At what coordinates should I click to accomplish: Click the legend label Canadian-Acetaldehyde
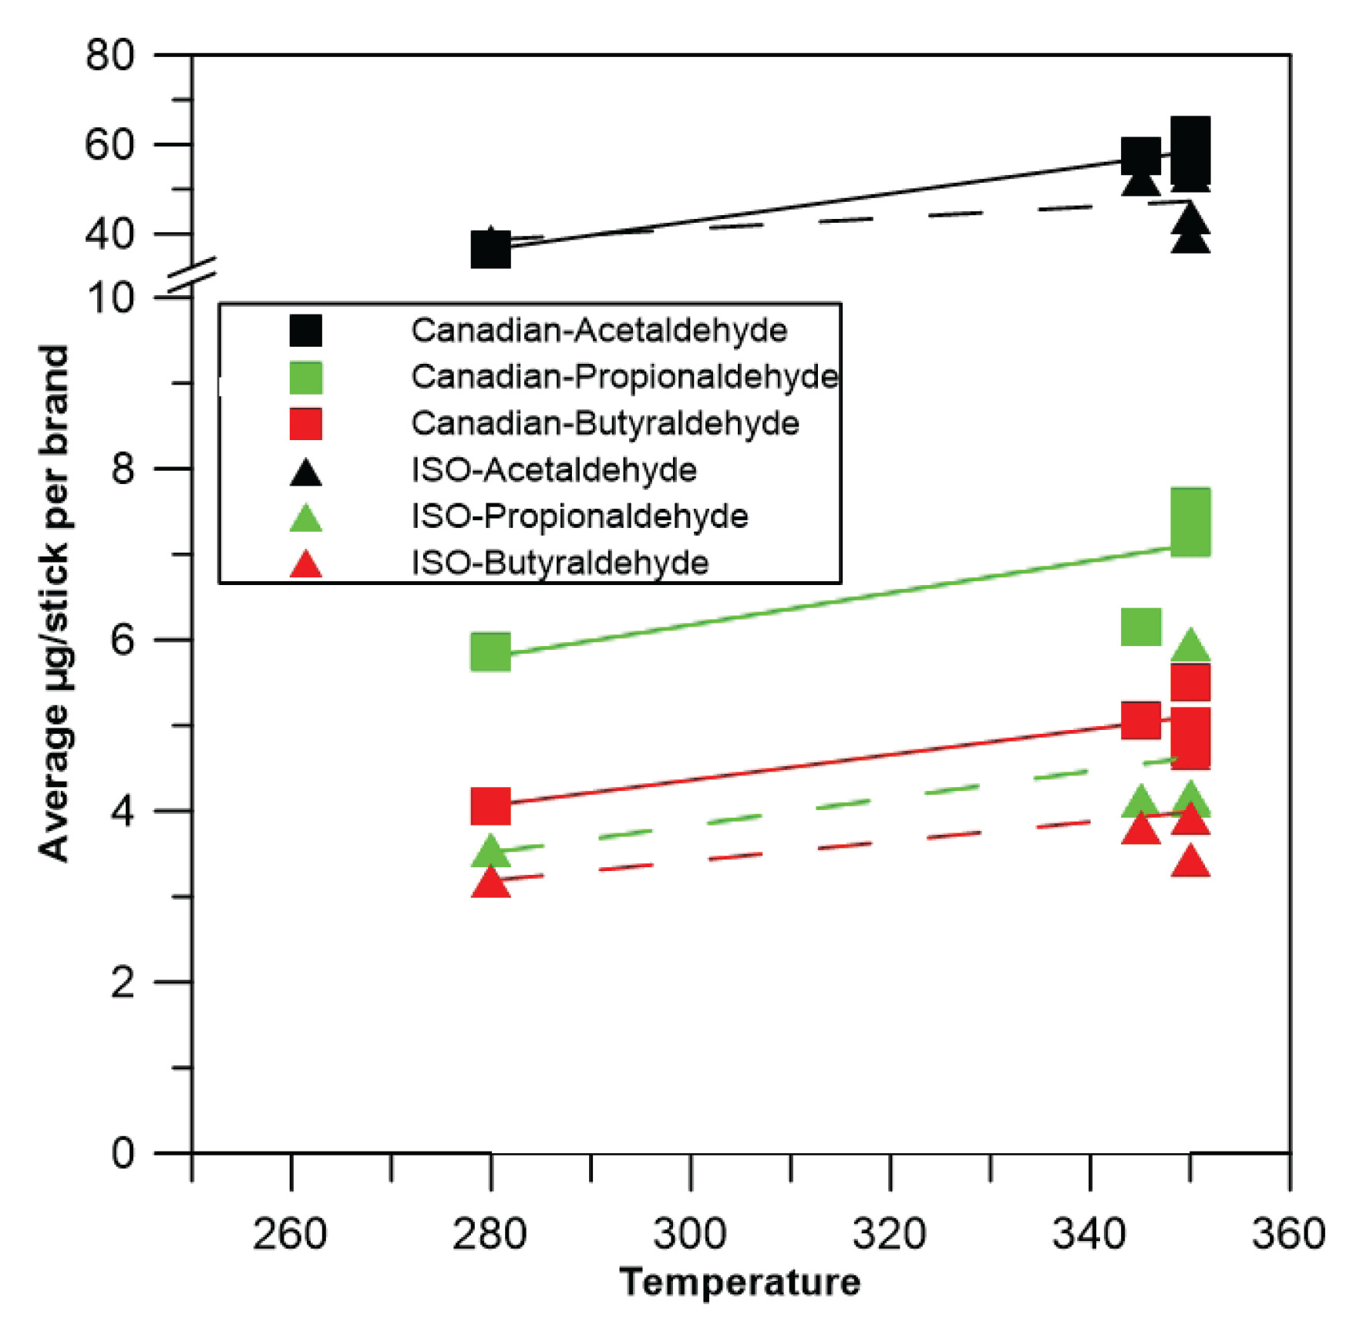598,331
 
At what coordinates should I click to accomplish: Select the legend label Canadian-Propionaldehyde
624,377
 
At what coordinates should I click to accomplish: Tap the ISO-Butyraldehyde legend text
560,563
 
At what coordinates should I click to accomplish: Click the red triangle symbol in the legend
305,565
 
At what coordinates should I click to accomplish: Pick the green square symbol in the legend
305,378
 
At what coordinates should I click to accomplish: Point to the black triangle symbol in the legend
305,472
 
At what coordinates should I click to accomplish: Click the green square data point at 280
490,652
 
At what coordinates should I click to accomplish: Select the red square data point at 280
490,806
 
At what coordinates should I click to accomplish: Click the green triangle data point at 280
490,851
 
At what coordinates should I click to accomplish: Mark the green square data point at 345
1140,626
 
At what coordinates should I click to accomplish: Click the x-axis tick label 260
290,1233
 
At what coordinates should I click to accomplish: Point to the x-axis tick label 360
1288,1233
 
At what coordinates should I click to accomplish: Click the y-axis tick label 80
109,55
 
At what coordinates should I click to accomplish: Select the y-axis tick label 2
123,982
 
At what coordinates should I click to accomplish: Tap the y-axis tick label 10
109,298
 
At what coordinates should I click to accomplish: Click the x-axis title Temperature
740,1283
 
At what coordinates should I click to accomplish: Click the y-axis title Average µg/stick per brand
54,603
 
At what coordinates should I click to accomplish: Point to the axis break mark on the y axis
191,277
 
